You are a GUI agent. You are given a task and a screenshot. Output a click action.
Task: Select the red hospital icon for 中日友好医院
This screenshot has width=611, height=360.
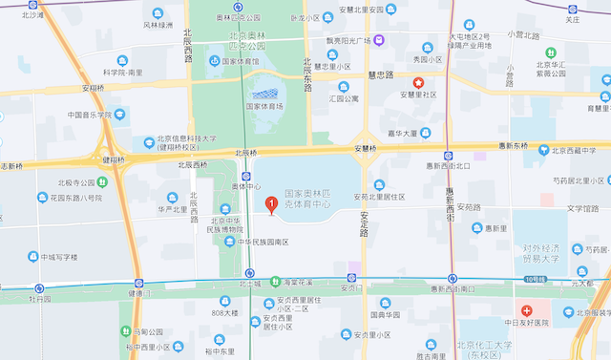[526, 310]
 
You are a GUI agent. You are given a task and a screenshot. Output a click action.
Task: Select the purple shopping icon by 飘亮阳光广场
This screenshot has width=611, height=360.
[379, 39]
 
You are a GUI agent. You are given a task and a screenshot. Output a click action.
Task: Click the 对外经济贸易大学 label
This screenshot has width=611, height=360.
[546, 253]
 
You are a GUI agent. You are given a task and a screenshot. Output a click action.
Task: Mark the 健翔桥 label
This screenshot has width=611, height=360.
[114, 159]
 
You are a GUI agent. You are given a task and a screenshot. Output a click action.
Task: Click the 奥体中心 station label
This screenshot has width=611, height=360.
[245, 187]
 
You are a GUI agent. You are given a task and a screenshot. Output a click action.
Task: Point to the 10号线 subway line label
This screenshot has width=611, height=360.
[535, 279]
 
